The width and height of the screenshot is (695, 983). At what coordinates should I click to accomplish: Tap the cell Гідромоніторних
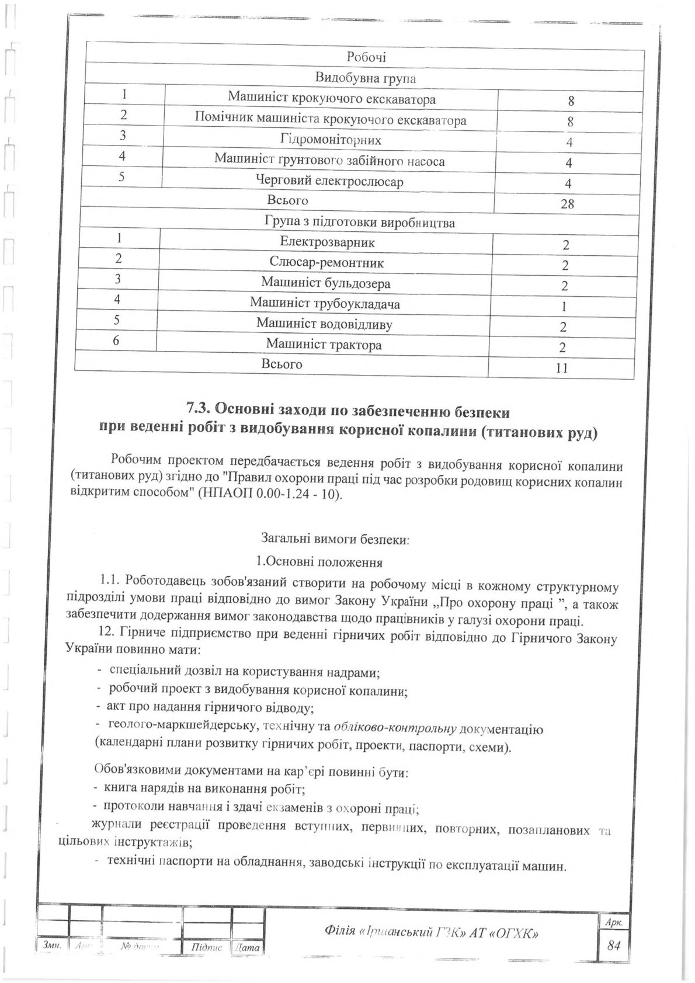tap(331, 140)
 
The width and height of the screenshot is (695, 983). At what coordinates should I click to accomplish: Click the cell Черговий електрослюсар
tap(330, 182)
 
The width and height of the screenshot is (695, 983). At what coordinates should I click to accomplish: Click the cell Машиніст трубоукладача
tap(325, 303)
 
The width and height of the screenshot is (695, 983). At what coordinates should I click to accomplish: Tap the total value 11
tap(562, 368)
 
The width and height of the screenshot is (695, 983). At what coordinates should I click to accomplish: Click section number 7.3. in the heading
tap(200, 412)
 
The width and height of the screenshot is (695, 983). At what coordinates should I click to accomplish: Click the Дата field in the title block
tap(246, 947)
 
